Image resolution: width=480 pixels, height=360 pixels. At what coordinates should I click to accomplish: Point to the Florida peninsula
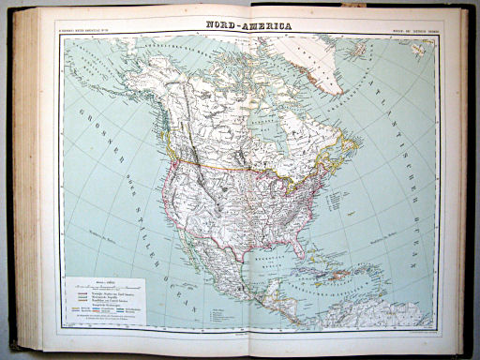tap(299, 246)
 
